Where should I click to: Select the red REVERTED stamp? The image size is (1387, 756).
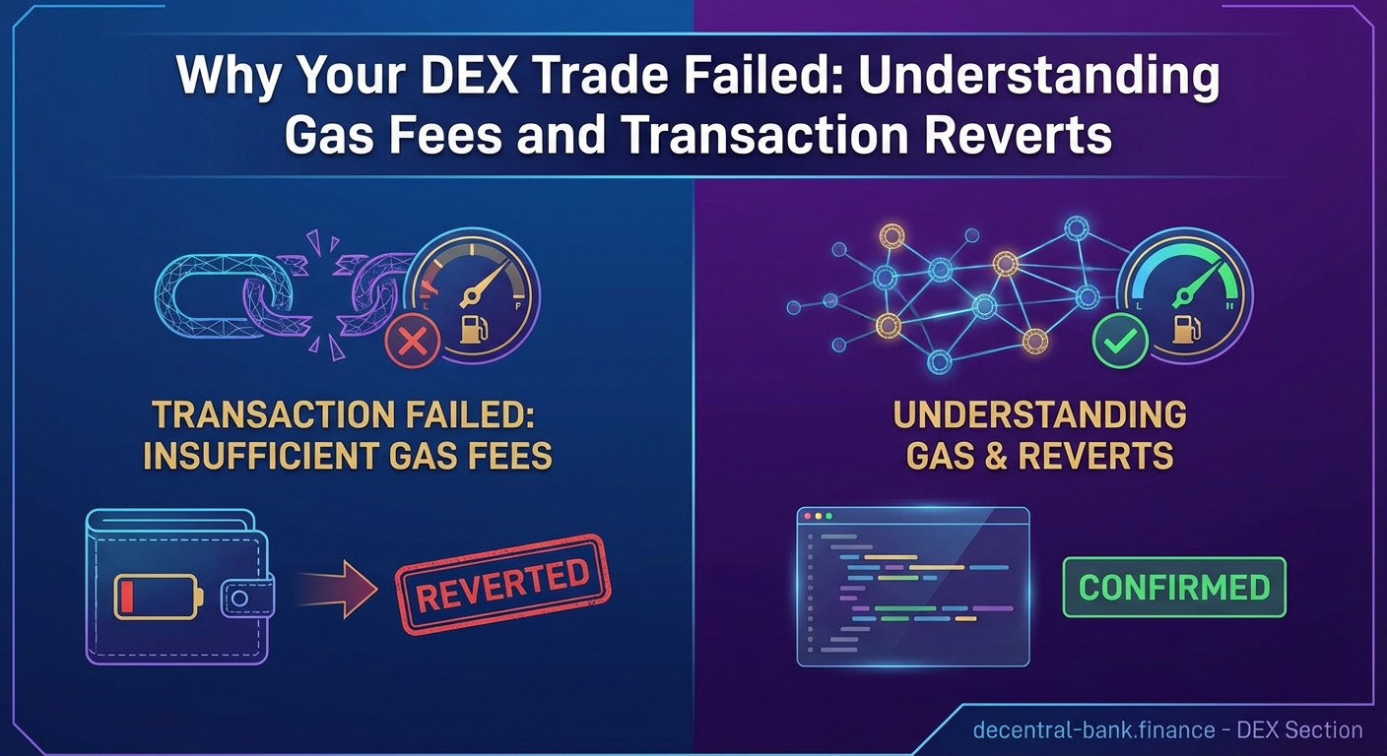click(x=502, y=584)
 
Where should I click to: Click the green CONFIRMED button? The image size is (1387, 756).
click(x=1174, y=587)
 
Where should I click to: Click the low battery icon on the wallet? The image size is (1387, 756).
click(x=159, y=596)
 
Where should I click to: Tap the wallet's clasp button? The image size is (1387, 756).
click(x=239, y=597)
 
